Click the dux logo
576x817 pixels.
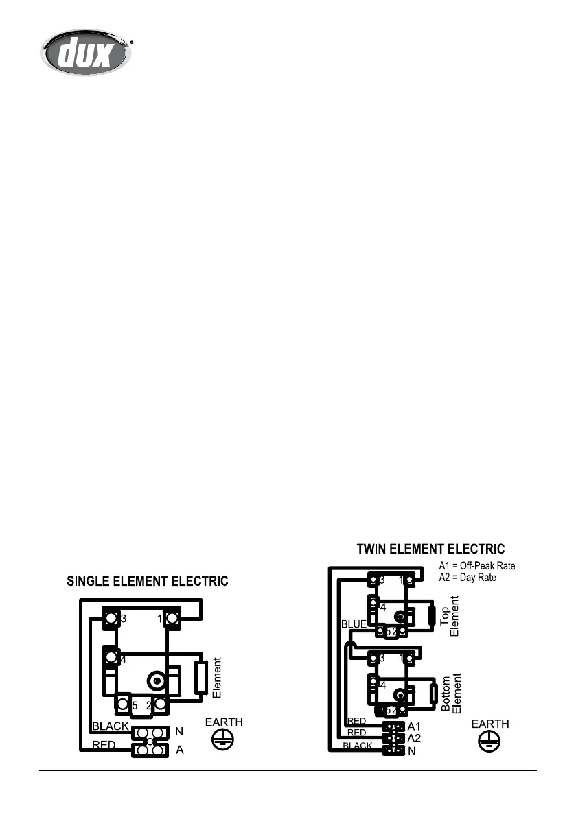(85, 51)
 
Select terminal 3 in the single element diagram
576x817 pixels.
(111, 619)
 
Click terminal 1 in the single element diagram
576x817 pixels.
(171, 619)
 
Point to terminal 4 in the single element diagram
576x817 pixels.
(111, 660)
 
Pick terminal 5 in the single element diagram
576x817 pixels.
(124, 704)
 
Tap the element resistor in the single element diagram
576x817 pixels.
(202, 678)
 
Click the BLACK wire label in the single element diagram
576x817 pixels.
(111, 726)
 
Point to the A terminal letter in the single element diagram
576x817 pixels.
(180, 750)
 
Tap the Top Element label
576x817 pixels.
(448, 617)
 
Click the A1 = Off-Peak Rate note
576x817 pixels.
(477, 566)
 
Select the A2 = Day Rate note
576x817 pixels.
(468, 578)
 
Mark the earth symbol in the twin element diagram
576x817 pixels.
(490, 742)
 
